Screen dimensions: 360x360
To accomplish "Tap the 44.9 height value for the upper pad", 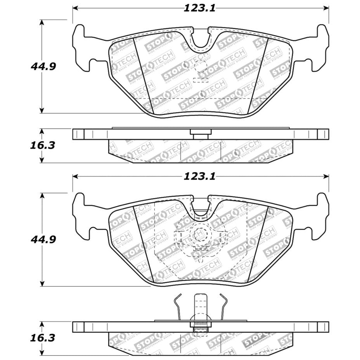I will click(x=43, y=66).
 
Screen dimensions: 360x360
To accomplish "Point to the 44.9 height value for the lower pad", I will click(x=43, y=239).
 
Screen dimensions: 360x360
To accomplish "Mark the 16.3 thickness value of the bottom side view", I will click(x=43, y=337).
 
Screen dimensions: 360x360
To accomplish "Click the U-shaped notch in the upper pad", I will click(x=201, y=39).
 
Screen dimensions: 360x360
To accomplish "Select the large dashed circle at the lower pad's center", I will click(x=201, y=235).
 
